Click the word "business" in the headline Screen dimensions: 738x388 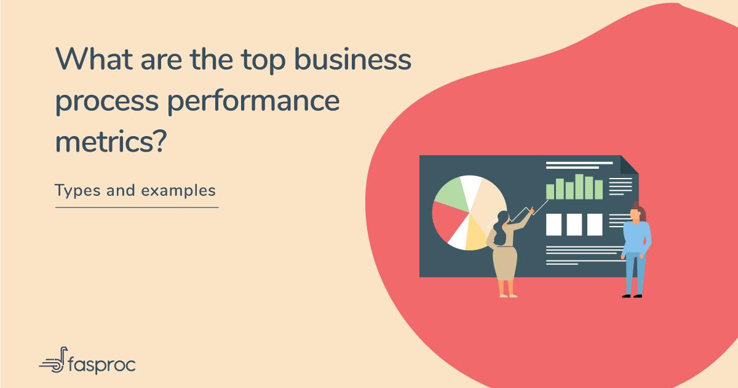(x=353, y=59)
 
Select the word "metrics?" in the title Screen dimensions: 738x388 (x=111, y=142)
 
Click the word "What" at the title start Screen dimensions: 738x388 (x=95, y=59)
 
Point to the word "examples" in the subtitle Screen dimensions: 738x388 (x=178, y=191)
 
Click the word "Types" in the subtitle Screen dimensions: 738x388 (x=77, y=192)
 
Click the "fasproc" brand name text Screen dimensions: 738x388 (x=101, y=364)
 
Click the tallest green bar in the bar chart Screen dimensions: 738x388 (x=579, y=187)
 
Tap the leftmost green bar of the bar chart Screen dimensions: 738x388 (x=550, y=192)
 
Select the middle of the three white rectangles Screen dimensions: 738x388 (x=574, y=224)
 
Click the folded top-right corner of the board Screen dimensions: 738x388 (x=629, y=165)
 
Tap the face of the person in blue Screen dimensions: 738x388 (x=635, y=214)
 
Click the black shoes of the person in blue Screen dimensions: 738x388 (x=632, y=296)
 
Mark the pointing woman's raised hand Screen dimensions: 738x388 (x=531, y=210)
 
